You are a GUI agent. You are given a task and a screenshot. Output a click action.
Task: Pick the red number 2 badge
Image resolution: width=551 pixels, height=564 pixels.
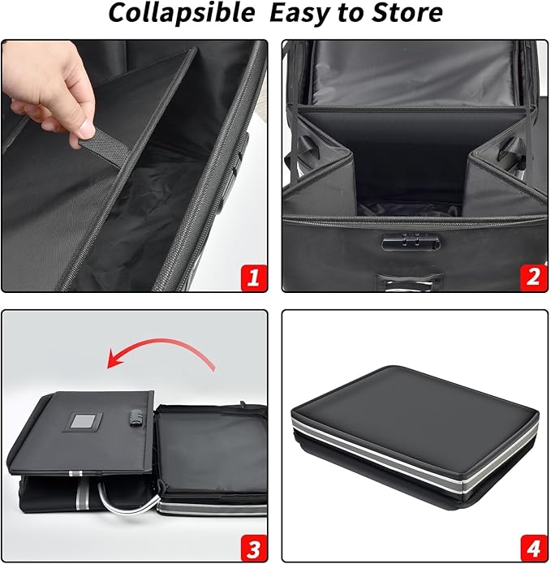click(x=532, y=277)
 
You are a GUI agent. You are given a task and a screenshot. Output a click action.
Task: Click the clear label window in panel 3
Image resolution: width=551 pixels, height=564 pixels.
click(x=84, y=423)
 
